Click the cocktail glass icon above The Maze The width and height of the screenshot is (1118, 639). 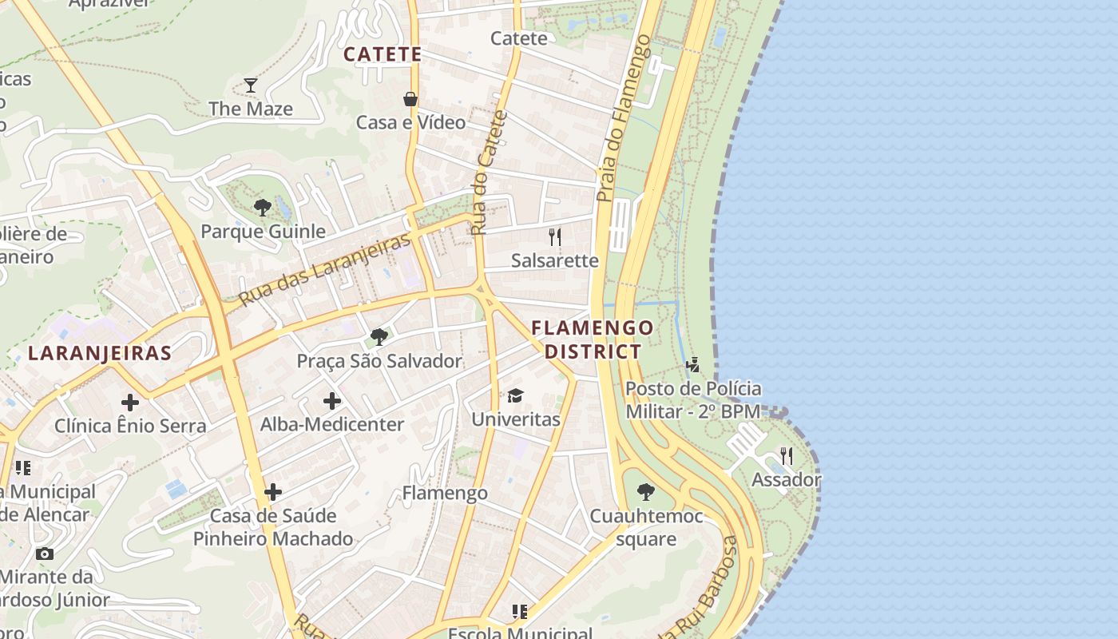251,85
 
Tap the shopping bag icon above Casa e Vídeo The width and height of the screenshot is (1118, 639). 410,99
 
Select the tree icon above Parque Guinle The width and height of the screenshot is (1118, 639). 262,208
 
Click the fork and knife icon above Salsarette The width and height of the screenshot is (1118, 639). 555,236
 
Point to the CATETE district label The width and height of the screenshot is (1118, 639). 383,54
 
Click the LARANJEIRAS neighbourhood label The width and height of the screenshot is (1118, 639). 100,353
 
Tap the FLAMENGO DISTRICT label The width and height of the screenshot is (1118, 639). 593,339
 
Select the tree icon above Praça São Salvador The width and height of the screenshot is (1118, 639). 379,337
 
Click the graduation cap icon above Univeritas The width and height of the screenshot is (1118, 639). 515,396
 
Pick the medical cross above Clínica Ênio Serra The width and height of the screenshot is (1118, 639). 129,402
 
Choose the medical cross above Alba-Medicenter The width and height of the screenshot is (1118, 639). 332,401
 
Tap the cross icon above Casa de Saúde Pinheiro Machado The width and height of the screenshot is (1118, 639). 273,491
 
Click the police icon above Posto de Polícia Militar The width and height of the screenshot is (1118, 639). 693,365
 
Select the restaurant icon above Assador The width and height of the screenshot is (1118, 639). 787,456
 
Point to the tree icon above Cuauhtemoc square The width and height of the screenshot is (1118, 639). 646,492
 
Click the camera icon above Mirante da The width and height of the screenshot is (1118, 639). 45,554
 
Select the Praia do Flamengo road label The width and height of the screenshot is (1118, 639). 624,117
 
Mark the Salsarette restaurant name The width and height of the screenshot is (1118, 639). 555,260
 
